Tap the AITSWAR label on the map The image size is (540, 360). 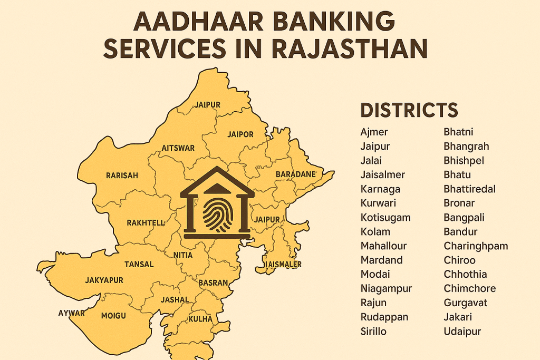pos(178,148)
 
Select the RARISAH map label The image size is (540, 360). pos(122,176)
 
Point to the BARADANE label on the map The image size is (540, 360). pos(295,174)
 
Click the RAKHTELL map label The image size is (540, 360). pos(146,223)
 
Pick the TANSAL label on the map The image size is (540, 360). pos(139,264)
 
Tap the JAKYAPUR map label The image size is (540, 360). pos(104,280)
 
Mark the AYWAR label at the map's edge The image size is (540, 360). pos(71,313)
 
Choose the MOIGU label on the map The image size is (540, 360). pos(113,316)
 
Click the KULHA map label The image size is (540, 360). pos(200,319)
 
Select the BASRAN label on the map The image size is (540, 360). pos(213,283)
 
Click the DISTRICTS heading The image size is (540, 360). pos(409,111)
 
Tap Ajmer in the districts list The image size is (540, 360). pos(374,132)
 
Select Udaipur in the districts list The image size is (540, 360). pos(462,331)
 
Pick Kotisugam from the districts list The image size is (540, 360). pos(385,217)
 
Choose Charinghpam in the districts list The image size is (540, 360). pos(476,246)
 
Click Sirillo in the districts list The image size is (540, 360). pos(373,331)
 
